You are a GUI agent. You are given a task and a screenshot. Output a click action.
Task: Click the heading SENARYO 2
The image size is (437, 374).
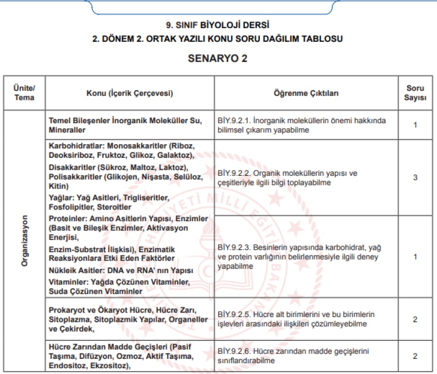click(218, 59)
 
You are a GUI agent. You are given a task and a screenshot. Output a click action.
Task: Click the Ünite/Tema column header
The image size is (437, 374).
click(24, 93)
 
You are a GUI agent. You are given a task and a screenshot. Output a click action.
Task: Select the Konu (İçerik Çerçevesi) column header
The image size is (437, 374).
click(130, 93)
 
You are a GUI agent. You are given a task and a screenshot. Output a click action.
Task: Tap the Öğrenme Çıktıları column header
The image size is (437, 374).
click(307, 93)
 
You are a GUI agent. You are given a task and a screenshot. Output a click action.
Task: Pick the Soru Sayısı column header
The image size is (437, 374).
click(415, 93)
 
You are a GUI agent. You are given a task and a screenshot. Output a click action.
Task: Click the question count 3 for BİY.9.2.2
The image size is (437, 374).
click(415, 178)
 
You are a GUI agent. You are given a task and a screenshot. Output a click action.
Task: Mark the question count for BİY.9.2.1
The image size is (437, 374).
click(415, 125)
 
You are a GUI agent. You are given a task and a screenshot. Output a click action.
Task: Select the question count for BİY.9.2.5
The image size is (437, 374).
click(415, 319)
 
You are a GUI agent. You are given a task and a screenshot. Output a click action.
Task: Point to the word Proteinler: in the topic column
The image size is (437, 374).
click(69, 218)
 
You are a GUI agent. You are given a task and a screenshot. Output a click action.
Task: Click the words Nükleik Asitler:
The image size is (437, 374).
click(78, 270)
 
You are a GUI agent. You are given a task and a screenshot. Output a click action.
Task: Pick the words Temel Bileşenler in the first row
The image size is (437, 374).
click(79, 120)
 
